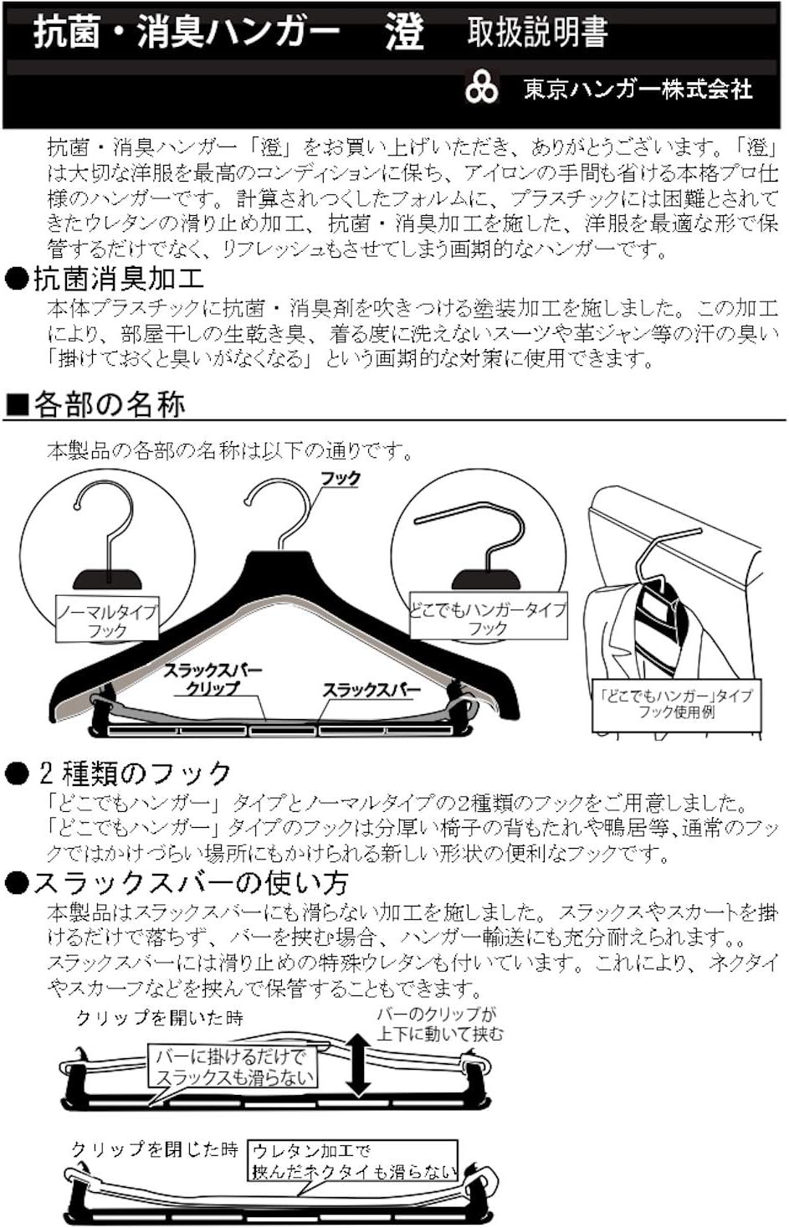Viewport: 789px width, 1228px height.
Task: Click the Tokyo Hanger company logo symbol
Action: tap(482, 88)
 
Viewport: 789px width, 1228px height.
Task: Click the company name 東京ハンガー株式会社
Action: tap(638, 90)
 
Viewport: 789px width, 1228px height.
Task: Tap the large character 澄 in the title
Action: tap(404, 33)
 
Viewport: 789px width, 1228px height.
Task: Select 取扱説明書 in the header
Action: tap(537, 33)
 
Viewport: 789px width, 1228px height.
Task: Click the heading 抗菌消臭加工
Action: tap(117, 279)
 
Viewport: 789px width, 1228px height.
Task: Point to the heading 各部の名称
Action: tap(109, 405)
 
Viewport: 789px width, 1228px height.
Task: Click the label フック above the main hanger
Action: tap(341, 479)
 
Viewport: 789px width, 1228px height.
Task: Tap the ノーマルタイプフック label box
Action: tap(107, 621)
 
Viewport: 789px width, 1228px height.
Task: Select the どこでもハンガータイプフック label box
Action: tap(487, 619)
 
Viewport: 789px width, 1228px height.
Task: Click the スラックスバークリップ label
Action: tap(212, 680)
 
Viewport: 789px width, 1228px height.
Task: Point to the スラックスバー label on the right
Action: tap(371, 691)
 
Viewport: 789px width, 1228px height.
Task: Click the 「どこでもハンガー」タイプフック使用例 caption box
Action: tap(676, 704)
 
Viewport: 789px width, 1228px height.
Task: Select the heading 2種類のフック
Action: tap(134, 773)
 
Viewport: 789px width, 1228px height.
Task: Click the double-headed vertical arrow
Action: tap(358, 1064)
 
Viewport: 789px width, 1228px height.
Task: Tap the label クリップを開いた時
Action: tap(159, 1018)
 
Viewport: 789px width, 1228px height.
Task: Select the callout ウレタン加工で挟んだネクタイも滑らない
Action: tap(355, 1161)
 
